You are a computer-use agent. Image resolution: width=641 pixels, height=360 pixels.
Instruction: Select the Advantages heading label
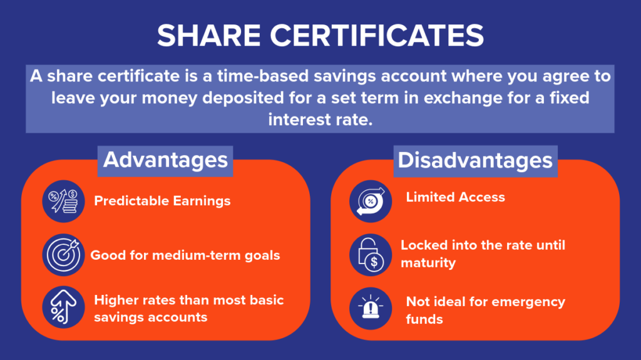tap(165, 160)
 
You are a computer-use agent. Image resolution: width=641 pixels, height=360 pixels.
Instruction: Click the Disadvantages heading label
tap(476, 160)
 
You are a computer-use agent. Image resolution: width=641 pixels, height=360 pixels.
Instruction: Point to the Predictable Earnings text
tap(162, 201)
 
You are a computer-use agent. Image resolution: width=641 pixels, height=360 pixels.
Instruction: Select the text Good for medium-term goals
tap(185, 255)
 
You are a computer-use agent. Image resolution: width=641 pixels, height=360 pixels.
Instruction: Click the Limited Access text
tap(455, 197)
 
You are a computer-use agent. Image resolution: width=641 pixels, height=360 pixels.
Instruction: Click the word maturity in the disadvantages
tap(428, 262)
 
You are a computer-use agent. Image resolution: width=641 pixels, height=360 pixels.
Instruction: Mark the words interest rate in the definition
tap(320, 119)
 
